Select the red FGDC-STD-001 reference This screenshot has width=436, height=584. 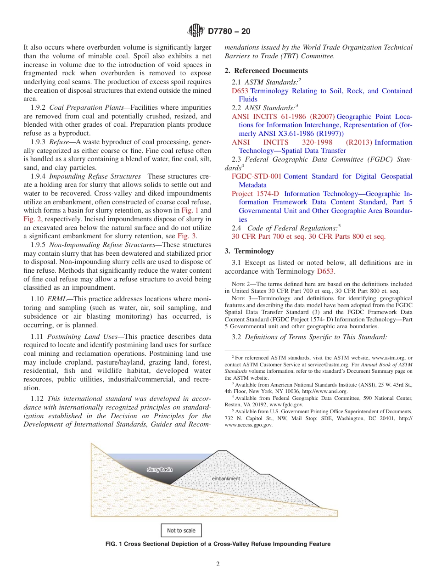coord(256,176)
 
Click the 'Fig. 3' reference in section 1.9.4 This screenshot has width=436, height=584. coord(187,236)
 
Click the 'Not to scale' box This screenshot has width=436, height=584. coord(181,530)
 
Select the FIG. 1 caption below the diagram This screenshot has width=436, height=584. coord(218,544)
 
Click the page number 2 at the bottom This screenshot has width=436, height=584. coord(218,564)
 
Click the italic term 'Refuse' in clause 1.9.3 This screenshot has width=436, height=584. coord(59,142)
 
